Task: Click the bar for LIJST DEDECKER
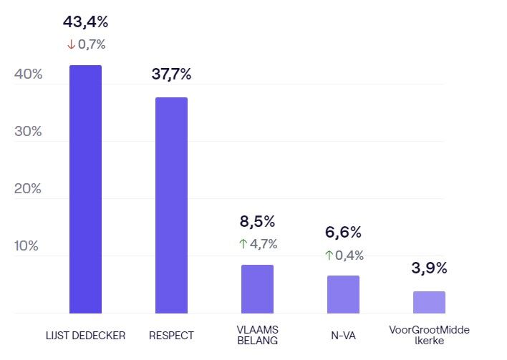pos(85,190)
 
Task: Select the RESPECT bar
pos(171,205)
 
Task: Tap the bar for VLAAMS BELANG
pos(257,289)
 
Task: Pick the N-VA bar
pos(343,294)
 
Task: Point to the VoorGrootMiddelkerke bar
pos(429,302)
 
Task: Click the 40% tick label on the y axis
pos(28,74)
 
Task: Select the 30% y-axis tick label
pos(28,132)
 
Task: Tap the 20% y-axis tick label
pos(28,189)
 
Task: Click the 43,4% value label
pos(85,22)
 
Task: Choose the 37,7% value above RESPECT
pos(171,74)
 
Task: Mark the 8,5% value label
pos(257,222)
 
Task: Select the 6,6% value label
pos(343,233)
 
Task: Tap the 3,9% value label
pos(429,268)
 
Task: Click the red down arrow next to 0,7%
pos(70,44)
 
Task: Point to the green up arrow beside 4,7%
pos(242,244)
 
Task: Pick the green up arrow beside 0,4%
pos(329,255)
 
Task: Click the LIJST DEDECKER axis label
pos(85,335)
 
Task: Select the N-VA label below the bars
pos(343,335)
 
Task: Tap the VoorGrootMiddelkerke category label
pos(429,335)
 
